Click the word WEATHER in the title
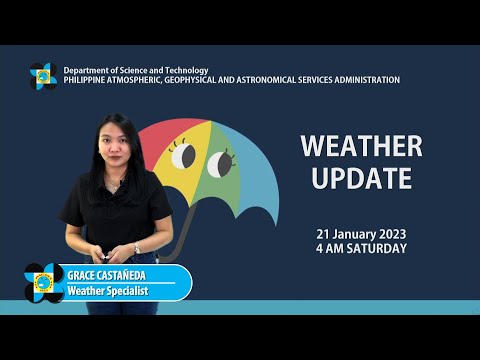pos(361,146)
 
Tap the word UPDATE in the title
pos(361,178)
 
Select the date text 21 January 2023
pos(361,234)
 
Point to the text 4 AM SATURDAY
pos(361,248)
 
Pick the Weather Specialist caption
pos(107,290)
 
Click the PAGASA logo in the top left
pos(43,75)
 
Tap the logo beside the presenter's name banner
pos(44,282)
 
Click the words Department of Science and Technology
pos(136,70)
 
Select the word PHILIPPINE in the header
pos(91,80)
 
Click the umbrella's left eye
pos(184,155)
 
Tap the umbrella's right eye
pos(219,160)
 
